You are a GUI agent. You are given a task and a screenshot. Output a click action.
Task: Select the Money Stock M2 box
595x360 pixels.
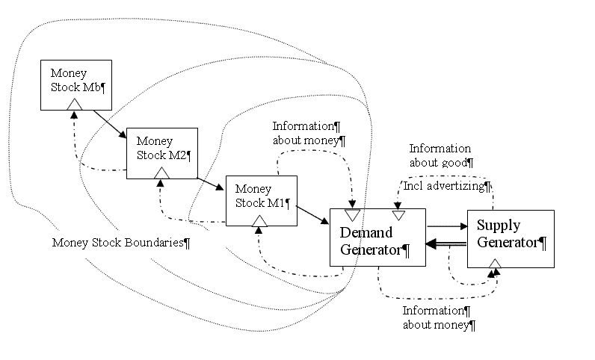point(161,153)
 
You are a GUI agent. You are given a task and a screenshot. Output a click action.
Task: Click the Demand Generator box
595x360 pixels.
point(377,238)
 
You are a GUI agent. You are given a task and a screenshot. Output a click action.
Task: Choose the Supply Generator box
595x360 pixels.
point(511,238)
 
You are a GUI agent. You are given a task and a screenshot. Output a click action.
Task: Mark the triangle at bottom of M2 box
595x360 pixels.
point(161,173)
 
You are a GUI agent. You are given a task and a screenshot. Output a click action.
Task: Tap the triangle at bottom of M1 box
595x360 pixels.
point(259,220)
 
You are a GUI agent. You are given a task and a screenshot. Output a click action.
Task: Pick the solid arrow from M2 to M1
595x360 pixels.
point(211,184)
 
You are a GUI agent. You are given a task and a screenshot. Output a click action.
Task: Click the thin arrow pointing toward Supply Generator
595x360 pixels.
point(446,226)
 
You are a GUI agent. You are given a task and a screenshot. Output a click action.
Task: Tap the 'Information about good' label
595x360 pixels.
point(440,155)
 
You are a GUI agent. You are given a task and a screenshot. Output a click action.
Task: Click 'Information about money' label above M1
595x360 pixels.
point(309,133)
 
